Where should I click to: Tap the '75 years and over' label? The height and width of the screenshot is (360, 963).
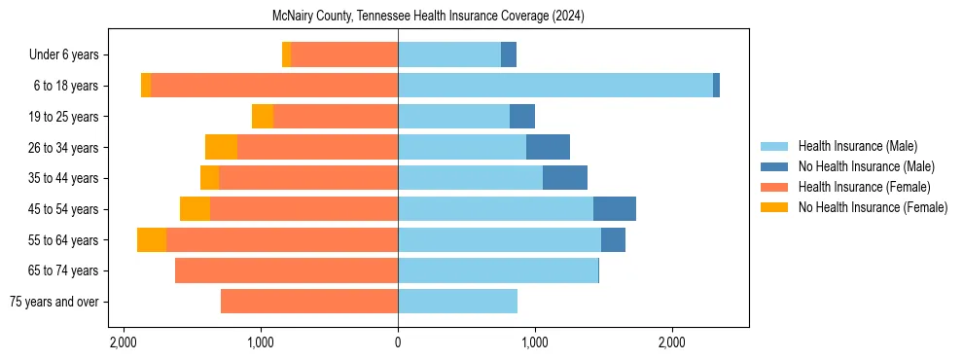coord(53,302)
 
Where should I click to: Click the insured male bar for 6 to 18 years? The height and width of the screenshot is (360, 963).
coord(554,86)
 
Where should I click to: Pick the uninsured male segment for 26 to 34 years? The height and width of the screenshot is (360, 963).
coord(548,147)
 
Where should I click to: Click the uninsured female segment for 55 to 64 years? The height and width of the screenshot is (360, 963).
coord(152,239)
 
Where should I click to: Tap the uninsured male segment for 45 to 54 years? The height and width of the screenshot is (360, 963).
coord(615,209)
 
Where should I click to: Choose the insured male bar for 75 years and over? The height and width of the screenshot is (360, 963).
coord(457,302)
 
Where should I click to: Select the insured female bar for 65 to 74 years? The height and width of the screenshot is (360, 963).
coord(286,270)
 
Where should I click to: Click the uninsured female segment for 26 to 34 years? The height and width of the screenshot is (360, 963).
coord(221,147)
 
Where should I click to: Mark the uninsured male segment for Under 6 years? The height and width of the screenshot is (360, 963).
coord(509,54)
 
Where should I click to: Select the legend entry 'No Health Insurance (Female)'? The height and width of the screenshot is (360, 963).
coord(873,207)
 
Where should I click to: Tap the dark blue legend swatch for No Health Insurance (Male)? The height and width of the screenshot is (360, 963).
coord(774,166)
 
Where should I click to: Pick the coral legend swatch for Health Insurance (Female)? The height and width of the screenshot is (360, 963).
coord(774,187)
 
